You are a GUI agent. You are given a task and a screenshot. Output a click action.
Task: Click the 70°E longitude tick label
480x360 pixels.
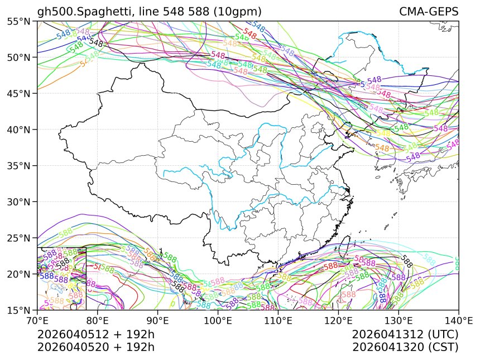tap(37, 320)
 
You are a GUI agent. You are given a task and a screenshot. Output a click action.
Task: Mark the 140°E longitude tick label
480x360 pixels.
tap(458, 320)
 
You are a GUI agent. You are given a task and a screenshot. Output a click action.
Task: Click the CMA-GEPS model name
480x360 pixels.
tap(429, 12)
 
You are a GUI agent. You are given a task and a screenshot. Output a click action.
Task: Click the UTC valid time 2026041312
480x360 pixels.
tap(405, 334)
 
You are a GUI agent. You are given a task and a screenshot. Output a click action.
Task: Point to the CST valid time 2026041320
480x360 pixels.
tap(405, 347)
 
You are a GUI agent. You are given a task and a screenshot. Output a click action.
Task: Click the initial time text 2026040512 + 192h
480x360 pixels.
tap(95, 334)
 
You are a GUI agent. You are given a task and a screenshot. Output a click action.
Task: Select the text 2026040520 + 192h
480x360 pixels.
tap(95, 347)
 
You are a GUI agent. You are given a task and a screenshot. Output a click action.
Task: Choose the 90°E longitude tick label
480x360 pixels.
tap(158, 320)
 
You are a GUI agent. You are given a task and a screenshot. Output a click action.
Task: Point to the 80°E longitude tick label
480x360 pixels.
tap(98, 320)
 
